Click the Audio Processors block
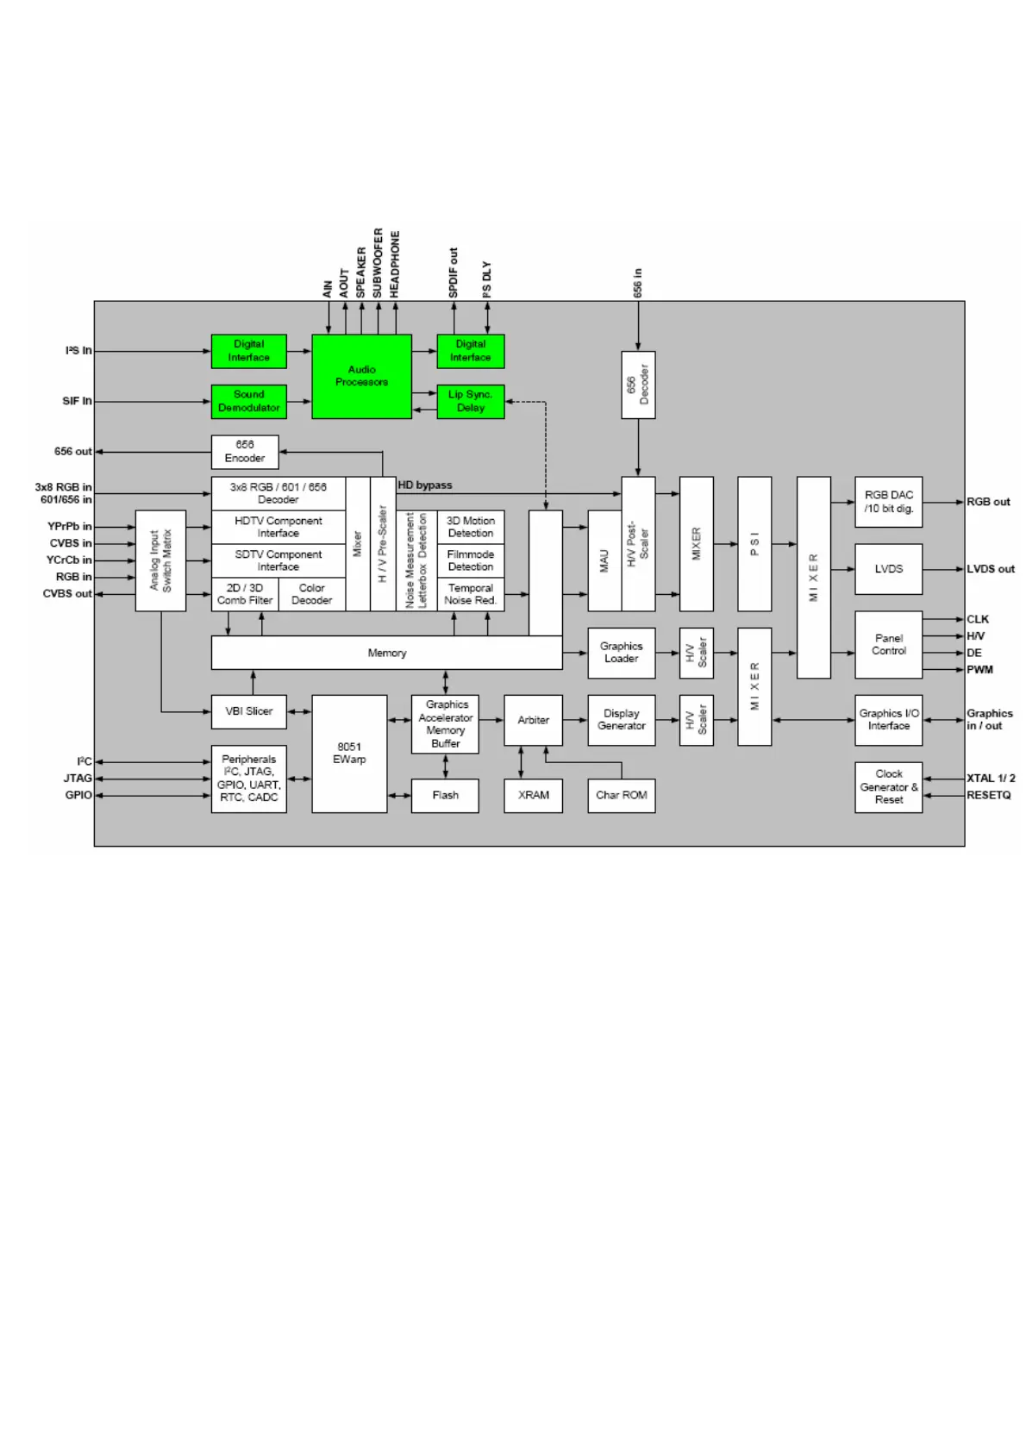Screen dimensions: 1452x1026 click(361, 377)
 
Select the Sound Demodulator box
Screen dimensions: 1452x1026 click(248, 402)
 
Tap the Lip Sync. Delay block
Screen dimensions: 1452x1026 click(470, 402)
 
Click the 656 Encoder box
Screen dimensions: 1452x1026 click(245, 452)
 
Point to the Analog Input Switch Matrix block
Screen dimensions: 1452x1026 click(160, 560)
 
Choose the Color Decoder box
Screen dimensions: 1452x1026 click(311, 594)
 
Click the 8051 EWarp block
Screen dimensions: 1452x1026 click(349, 754)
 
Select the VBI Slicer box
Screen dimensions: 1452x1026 click(248, 711)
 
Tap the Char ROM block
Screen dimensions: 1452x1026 click(621, 795)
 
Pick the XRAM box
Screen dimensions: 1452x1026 click(533, 795)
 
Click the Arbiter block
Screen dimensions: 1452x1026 click(533, 720)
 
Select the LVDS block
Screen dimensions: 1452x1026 click(888, 569)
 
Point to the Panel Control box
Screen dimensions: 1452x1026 click(888, 645)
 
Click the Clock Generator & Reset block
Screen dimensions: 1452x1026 click(888, 786)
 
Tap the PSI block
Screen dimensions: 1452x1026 click(754, 544)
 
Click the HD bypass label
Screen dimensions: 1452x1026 click(425, 485)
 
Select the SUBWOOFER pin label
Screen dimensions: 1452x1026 click(378, 263)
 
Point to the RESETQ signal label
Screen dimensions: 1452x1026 click(988, 795)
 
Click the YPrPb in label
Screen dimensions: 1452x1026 click(69, 526)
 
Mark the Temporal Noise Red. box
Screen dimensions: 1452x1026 click(470, 594)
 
